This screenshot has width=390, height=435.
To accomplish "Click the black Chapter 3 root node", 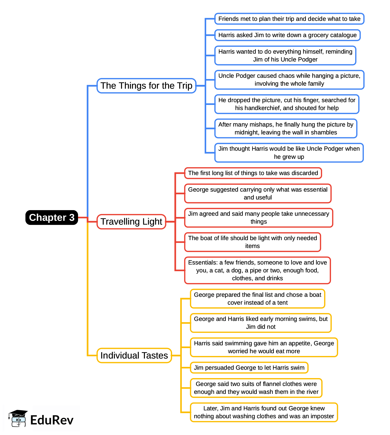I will click(52, 218).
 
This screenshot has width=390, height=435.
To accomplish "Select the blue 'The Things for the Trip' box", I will click(146, 86).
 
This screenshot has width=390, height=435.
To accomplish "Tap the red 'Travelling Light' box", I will click(131, 222).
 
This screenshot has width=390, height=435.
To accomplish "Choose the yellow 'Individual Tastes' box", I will click(134, 355).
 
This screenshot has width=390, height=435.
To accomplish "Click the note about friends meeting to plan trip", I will click(289, 19).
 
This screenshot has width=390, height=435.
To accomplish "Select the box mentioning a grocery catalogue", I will click(287, 35).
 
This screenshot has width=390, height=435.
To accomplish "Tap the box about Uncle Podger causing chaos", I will click(289, 80).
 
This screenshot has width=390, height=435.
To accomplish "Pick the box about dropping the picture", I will click(287, 104).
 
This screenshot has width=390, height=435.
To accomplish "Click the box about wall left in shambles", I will click(286, 129).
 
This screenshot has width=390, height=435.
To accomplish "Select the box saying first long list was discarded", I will click(253, 173).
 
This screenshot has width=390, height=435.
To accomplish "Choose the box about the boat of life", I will click(252, 242).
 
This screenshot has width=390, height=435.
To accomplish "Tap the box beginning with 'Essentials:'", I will click(258, 270).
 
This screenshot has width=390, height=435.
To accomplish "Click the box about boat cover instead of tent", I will click(258, 299).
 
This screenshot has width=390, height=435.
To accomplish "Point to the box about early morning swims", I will click(261, 323).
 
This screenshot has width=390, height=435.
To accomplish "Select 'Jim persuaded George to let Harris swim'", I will click(249, 368).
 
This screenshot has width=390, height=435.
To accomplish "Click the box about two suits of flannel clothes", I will click(256, 388).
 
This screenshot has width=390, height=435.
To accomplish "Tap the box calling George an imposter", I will click(264, 412).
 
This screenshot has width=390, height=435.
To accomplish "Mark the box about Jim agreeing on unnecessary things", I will click(259, 218).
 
